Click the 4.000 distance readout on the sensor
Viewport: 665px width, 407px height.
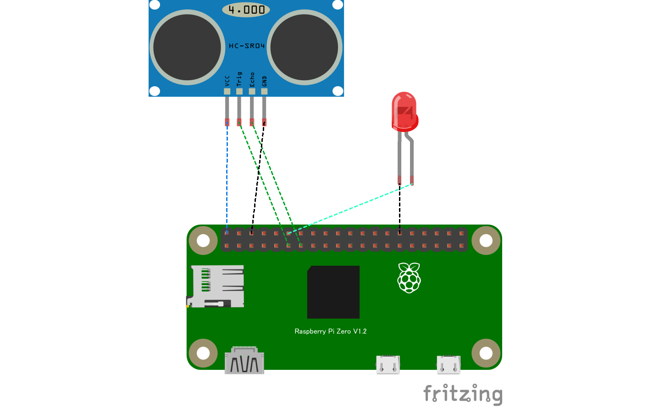coord(246,10)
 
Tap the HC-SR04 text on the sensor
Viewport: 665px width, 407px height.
coord(247,46)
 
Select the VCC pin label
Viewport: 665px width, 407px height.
coord(227,81)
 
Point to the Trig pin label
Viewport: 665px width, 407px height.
coord(239,79)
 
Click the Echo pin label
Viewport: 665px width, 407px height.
coord(252,79)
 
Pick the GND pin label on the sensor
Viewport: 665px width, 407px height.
coord(264,81)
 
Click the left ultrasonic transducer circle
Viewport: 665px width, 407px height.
coord(187,47)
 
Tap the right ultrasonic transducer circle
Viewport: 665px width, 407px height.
coord(304,47)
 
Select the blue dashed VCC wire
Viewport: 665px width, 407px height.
coord(227,179)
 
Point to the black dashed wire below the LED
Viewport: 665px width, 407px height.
coord(399,209)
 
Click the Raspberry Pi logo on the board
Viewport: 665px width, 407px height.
coord(409,278)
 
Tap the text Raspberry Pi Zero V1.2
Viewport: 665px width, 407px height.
coord(330,331)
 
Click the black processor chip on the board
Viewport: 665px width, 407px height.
coord(333,292)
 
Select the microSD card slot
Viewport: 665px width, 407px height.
coord(216,286)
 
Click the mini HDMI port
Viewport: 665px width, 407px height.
coord(244,361)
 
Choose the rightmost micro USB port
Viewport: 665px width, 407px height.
coord(449,365)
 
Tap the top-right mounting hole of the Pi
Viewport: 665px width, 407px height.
coord(486,240)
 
